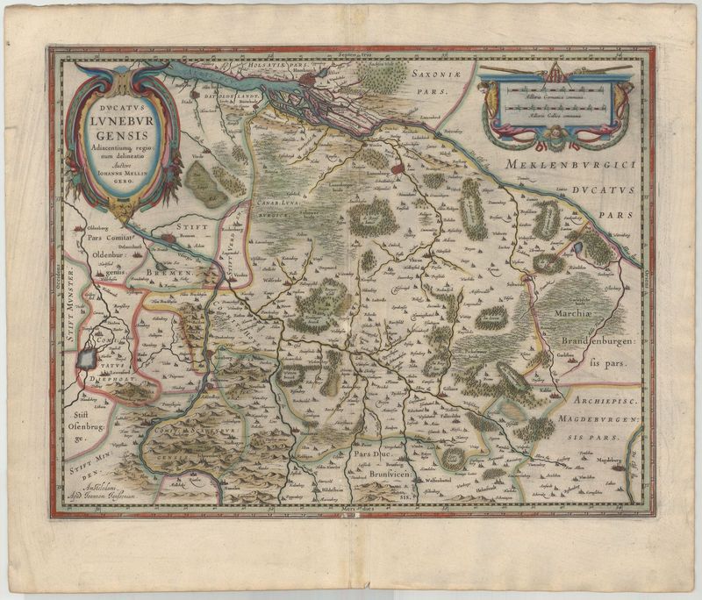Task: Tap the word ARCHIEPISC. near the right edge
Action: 597,400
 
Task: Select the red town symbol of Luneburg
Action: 397,166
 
